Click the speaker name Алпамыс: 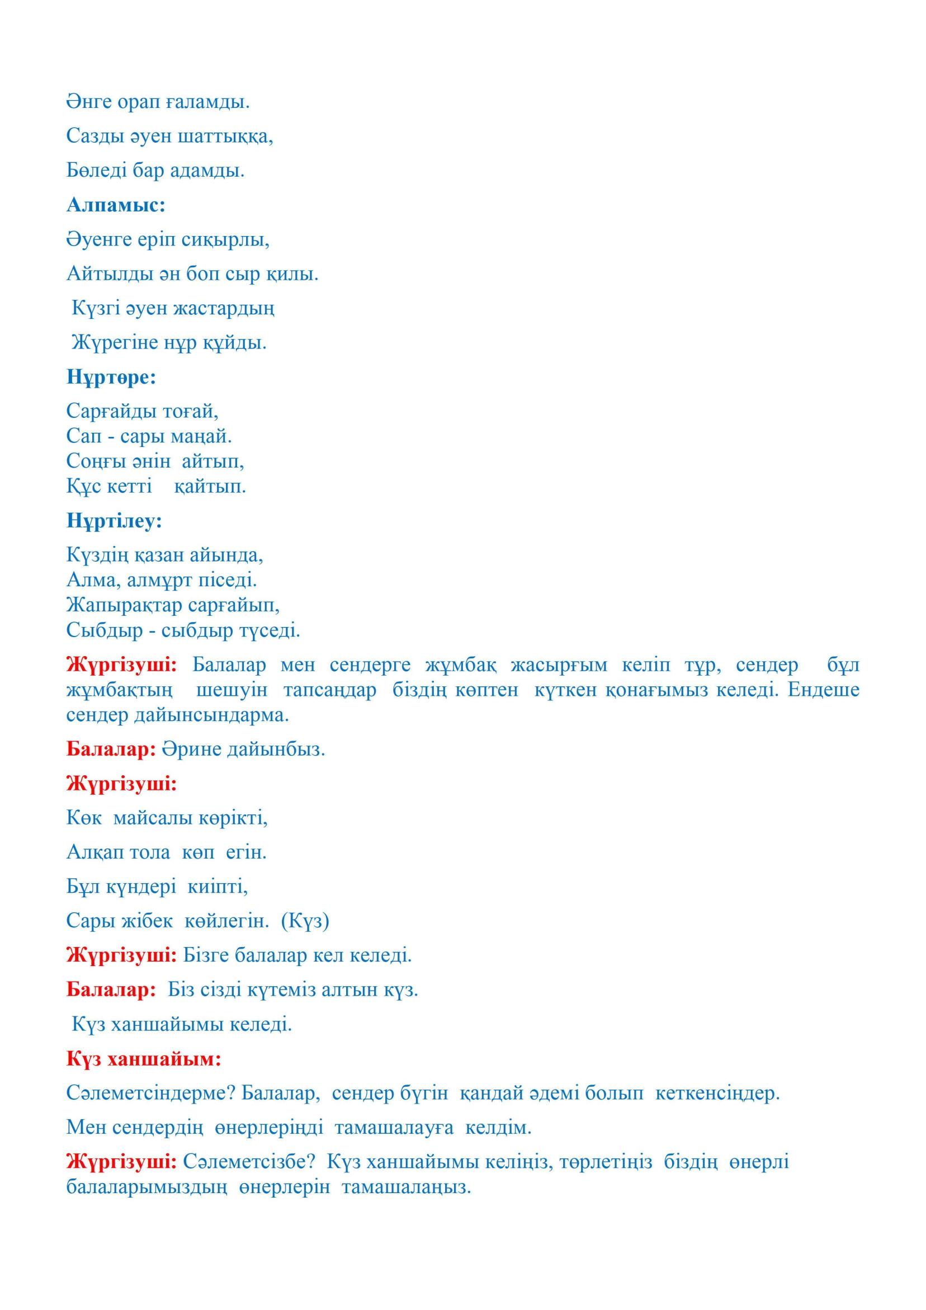click(115, 205)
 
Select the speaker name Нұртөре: click(111, 377)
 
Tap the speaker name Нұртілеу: click(114, 520)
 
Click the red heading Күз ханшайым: click(144, 1059)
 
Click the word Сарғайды click(108, 411)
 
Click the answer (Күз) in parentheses click(305, 921)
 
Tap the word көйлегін click(226, 921)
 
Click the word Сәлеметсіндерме click(151, 1093)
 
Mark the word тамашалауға click(394, 1128)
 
